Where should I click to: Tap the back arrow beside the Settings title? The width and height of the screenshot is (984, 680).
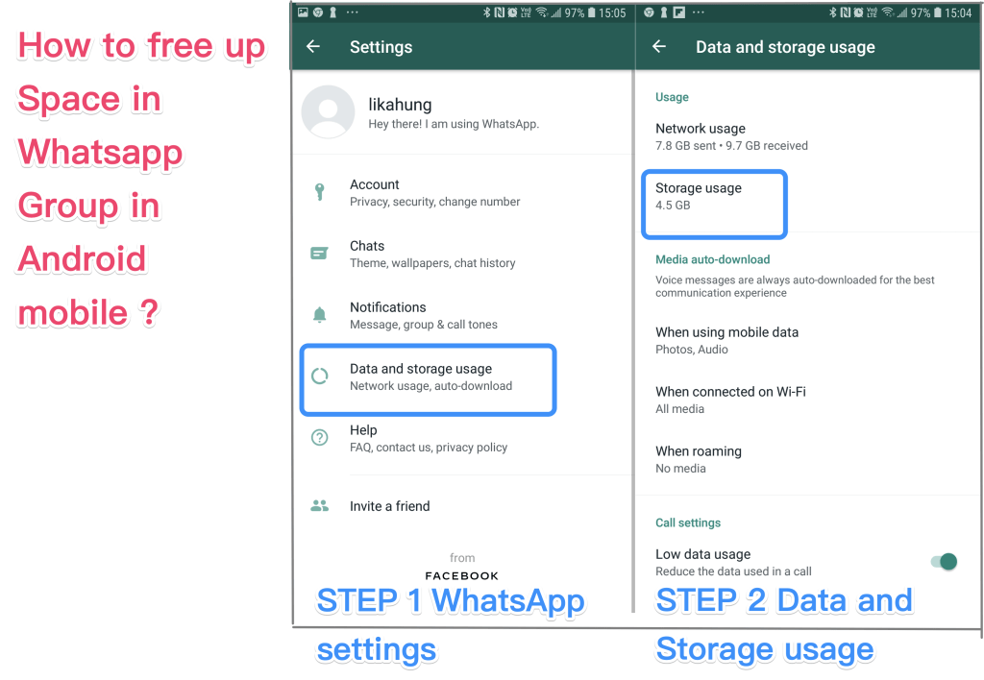pyautogui.click(x=313, y=46)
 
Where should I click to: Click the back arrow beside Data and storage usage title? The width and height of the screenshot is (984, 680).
pyautogui.click(x=659, y=46)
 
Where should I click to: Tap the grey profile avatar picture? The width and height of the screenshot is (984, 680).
pyautogui.click(x=329, y=111)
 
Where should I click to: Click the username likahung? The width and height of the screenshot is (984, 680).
pyautogui.click(x=400, y=104)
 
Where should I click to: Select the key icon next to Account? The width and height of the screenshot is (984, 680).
pyautogui.click(x=319, y=192)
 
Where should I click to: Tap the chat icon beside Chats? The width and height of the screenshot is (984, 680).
pyautogui.click(x=319, y=254)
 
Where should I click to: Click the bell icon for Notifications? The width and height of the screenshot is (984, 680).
pyautogui.click(x=319, y=314)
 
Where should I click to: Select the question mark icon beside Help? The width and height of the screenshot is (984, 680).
pyautogui.click(x=319, y=437)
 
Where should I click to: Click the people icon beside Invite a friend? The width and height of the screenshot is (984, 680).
pyautogui.click(x=319, y=505)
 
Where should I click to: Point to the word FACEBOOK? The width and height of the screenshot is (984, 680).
pyautogui.click(x=462, y=576)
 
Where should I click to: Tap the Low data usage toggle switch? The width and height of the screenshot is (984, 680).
pyautogui.click(x=944, y=562)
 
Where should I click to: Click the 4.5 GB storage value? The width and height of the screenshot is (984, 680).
pyautogui.click(x=673, y=206)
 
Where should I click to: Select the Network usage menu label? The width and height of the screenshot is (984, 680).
pyautogui.click(x=701, y=129)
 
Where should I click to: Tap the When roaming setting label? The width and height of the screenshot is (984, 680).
pyautogui.click(x=699, y=451)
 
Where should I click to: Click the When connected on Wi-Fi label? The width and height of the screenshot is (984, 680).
pyautogui.click(x=730, y=392)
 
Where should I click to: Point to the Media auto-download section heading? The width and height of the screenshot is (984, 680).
pyautogui.click(x=712, y=259)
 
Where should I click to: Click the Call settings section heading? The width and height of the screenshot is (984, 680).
pyautogui.click(x=688, y=523)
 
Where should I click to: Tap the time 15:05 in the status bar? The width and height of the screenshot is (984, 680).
pyautogui.click(x=612, y=13)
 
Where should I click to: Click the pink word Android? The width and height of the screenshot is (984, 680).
pyautogui.click(x=82, y=258)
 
